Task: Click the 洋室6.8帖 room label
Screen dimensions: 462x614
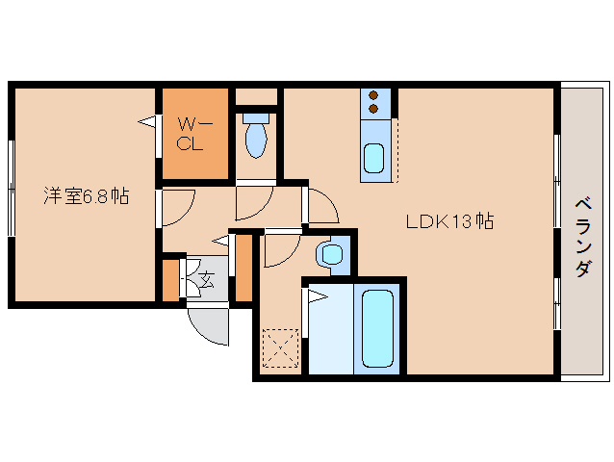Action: (x=85, y=196)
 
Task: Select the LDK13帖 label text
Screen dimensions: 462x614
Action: (x=449, y=221)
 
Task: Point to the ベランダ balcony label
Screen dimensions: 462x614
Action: (x=582, y=236)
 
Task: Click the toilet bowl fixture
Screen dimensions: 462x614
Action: (x=255, y=137)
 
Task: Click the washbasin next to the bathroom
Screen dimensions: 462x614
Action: (x=331, y=254)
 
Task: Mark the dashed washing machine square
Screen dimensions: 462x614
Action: (x=279, y=347)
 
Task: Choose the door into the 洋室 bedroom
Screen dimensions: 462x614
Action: (x=179, y=205)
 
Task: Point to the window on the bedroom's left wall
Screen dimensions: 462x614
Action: (x=11, y=187)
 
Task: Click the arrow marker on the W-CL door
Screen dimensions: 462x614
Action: (x=146, y=122)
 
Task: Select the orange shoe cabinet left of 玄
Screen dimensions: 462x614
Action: (x=170, y=280)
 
